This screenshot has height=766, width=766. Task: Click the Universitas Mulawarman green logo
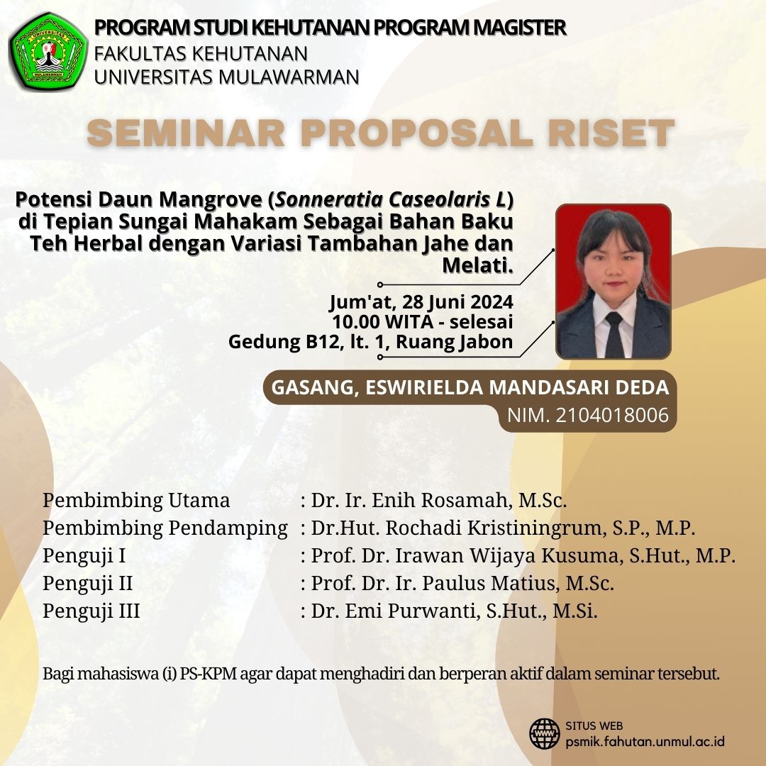(x=48, y=53)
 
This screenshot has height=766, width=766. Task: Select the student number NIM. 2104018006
(x=588, y=415)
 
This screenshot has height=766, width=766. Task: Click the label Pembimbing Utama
(x=136, y=500)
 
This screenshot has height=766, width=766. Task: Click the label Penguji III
(x=91, y=611)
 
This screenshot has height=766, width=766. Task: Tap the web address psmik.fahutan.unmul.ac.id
(x=645, y=741)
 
